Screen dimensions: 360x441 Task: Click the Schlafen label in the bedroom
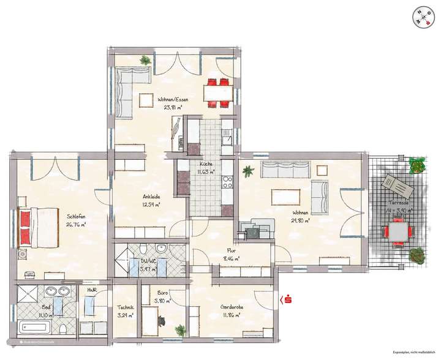pyautogui.click(x=76, y=216)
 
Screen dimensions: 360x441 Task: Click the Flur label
pyautogui.click(x=232, y=251)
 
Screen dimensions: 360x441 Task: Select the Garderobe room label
pyautogui.click(x=231, y=308)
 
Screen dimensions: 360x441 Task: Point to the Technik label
pyautogui.click(x=126, y=309)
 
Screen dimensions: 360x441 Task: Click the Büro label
pyautogui.click(x=162, y=294)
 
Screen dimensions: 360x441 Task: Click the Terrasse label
pyautogui.click(x=397, y=201)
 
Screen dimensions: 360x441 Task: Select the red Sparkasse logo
pyautogui.click(x=285, y=299)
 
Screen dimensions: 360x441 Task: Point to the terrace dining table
pyautogui.click(x=397, y=232)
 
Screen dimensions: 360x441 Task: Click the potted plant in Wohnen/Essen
pyautogui.click(x=145, y=60)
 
